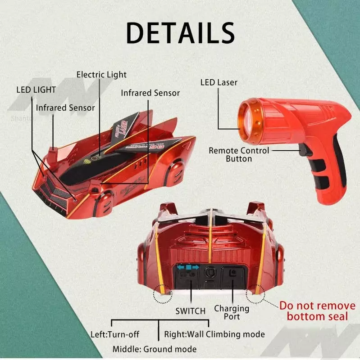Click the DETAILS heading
pyautogui.click(x=180, y=32)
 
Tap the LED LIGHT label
pyautogui.click(x=36, y=90)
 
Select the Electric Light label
pyautogui.click(x=101, y=75)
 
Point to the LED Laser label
pyautogui.click(x=219, y=82)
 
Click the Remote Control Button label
pyautogui.click(x=238, y=154)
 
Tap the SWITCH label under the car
pyautogui.click(x=190, y=310)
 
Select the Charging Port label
pyautogui.click(x=232, y=312)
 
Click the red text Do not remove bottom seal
pyautogui.click(x=317, y=311)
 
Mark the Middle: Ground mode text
pyautogui.click(x=155, y=349)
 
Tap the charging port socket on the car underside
pyautogui.click(x=232, y=273)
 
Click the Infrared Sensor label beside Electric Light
pyautogui.click(x=150, y=93)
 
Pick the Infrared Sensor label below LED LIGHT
pyautogui.click(x=65, y=108)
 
